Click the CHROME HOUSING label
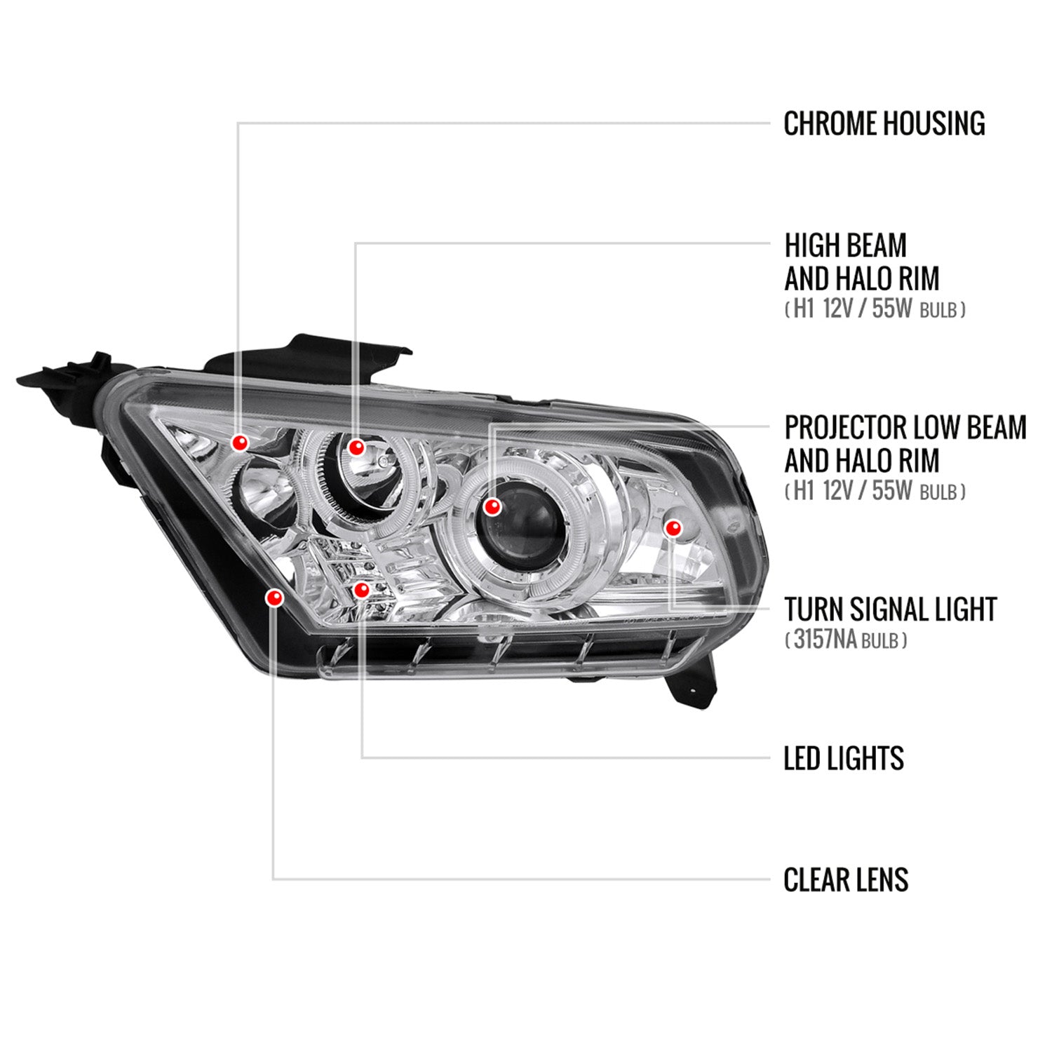tap(884, 123)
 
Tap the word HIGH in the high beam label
tap(811, 245)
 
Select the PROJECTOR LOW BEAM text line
tap(905, 427)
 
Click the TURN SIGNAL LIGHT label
tap(890, 609)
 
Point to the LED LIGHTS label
tap(844, 758)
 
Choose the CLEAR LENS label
tap(846, 879)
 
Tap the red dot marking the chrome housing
tap(241, 443)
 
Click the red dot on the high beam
tap(357, 447)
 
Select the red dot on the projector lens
tap(493, 506)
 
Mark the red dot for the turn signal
tap(673, 527)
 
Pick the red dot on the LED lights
tap(361, 591)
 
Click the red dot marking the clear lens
tap(274, 598)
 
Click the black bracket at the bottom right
tap(691, 684)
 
